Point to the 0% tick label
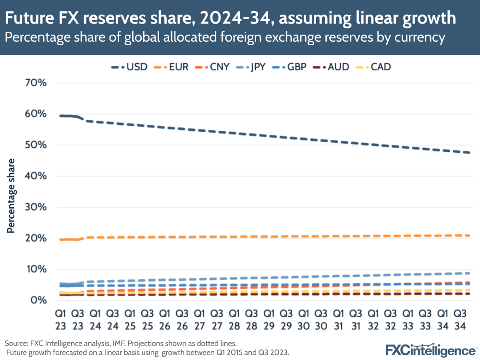tap(38, 300)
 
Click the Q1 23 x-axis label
tap(60, 319)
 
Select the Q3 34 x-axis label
tap(459, 319)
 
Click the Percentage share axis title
tap(11, 195)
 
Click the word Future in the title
tap(32, 18)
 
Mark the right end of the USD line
tap(469, 152)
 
